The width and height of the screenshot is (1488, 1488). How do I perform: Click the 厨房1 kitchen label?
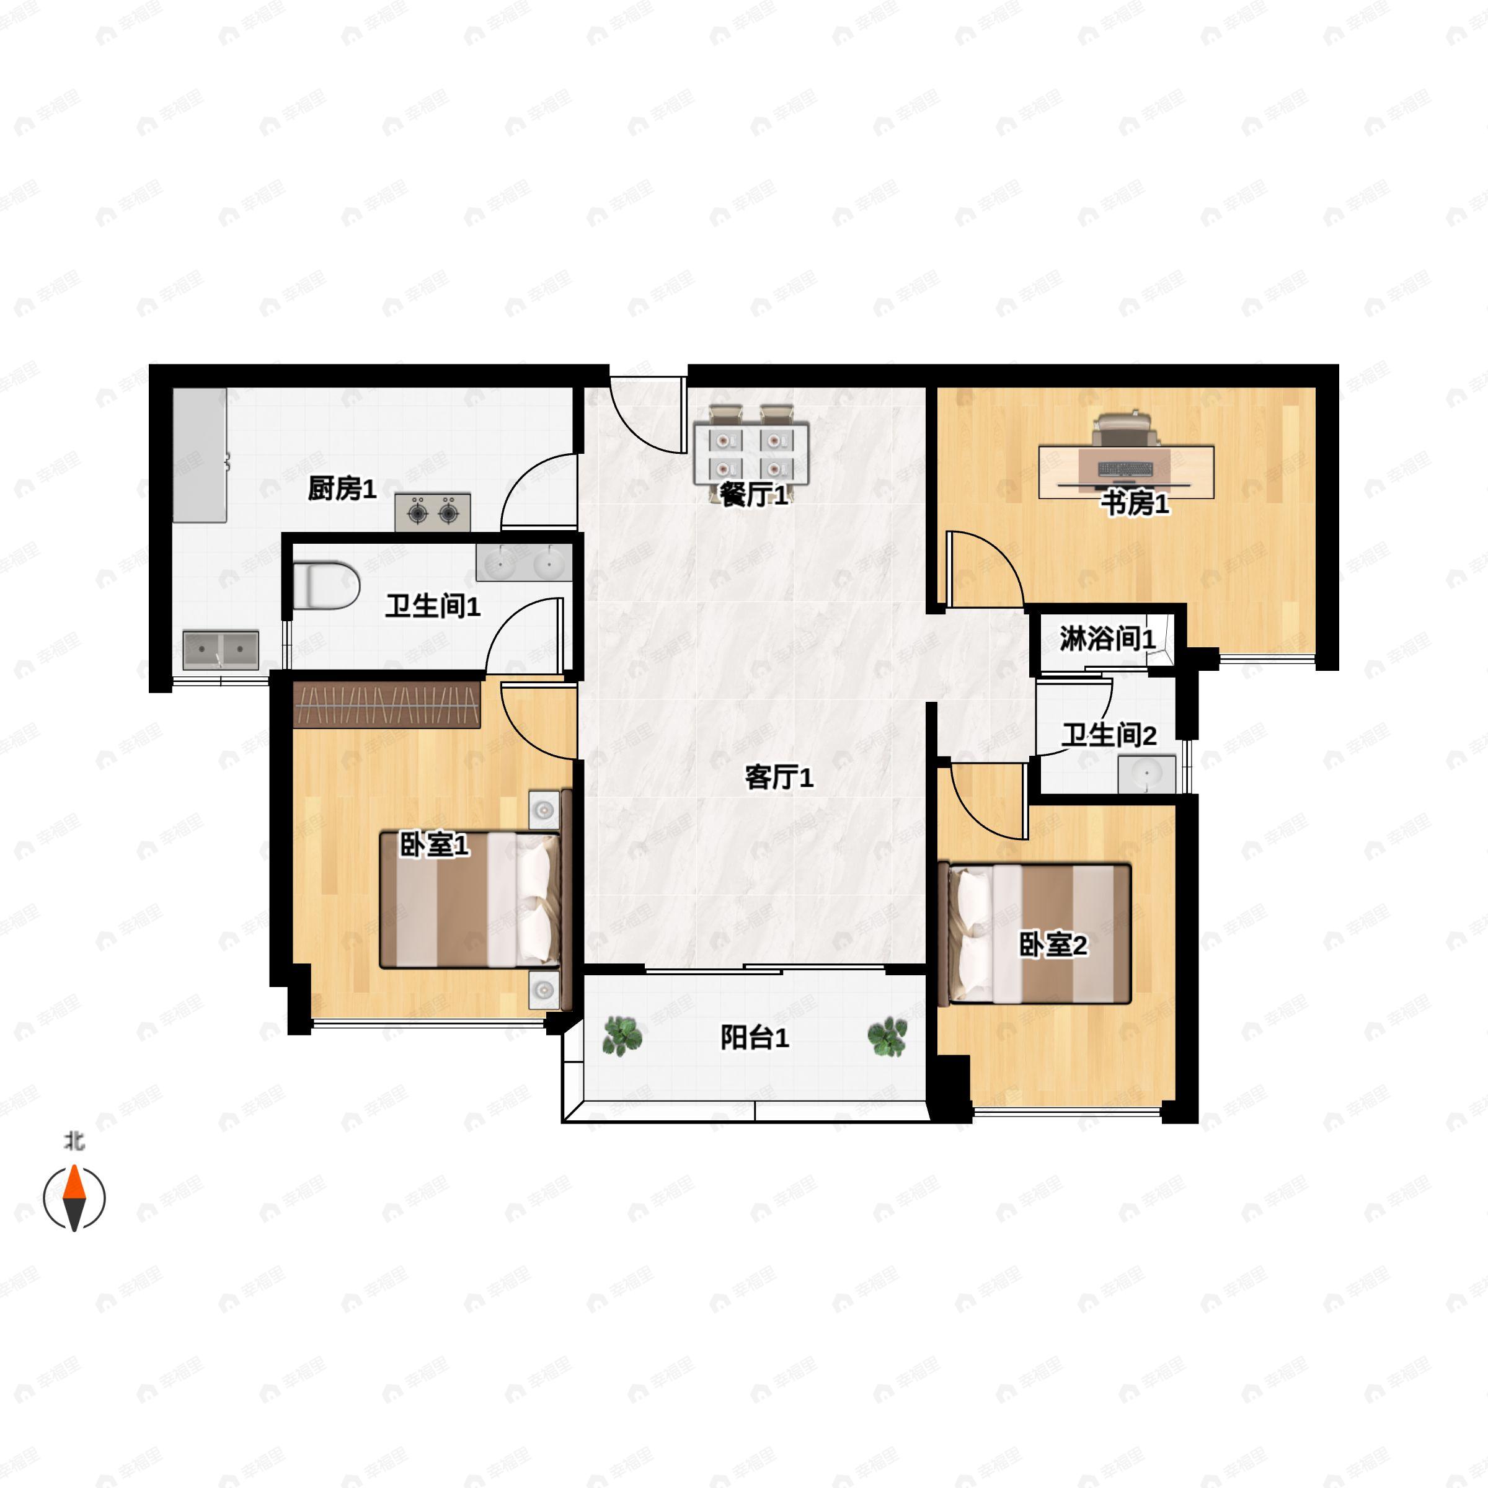coord(342,489)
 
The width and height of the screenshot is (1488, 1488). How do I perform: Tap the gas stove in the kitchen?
coord(433,512)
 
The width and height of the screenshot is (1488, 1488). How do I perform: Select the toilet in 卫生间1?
coord(327,586)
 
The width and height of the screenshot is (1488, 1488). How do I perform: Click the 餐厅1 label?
coord(754,495)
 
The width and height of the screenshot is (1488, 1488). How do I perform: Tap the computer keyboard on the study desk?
coord(1125,468)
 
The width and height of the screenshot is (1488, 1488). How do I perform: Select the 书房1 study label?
coord(1135,503)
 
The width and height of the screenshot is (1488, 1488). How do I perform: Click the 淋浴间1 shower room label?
coord(1107,638)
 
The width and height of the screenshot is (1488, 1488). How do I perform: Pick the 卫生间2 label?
coord(1109,735)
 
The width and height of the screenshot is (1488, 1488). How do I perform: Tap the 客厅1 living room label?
coord(779,777)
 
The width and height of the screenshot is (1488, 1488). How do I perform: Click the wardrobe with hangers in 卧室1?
coord(387,705)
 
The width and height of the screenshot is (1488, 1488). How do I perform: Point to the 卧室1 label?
coord(433,845)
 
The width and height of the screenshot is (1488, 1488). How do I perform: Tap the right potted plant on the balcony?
coord(887,1037)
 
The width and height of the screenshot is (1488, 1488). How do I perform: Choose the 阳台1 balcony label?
coord(755,1037)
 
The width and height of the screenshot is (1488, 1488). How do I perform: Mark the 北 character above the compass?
coord(74,1141)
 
